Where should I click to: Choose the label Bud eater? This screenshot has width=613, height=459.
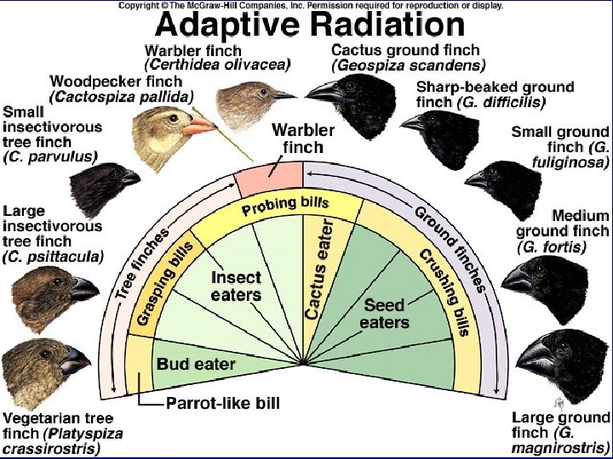(x=196, y=364)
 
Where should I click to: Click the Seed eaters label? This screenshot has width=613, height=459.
(x=384, y=313)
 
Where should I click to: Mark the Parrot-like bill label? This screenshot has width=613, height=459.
(x=221, y=402)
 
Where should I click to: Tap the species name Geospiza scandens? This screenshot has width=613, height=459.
(x=409, y=65)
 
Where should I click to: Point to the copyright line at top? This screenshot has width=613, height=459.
(x=310, y=5)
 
